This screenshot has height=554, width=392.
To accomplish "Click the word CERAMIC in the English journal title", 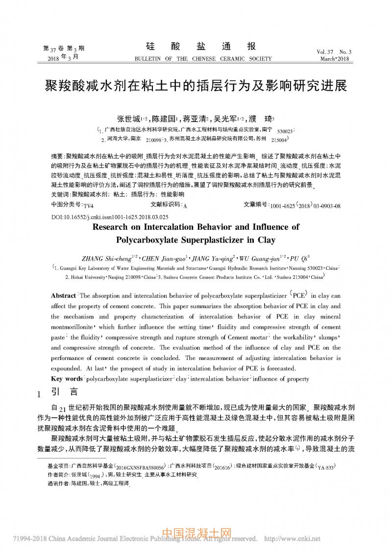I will (x=228, y=59).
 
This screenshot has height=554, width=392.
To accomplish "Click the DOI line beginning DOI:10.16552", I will (x=110, y=216).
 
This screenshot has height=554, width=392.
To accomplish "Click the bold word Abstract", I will (x=63, y=296).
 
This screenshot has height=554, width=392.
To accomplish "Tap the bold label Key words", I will (x=67, y=379).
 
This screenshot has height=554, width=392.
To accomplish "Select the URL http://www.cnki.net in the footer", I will (x=292, y=539).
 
